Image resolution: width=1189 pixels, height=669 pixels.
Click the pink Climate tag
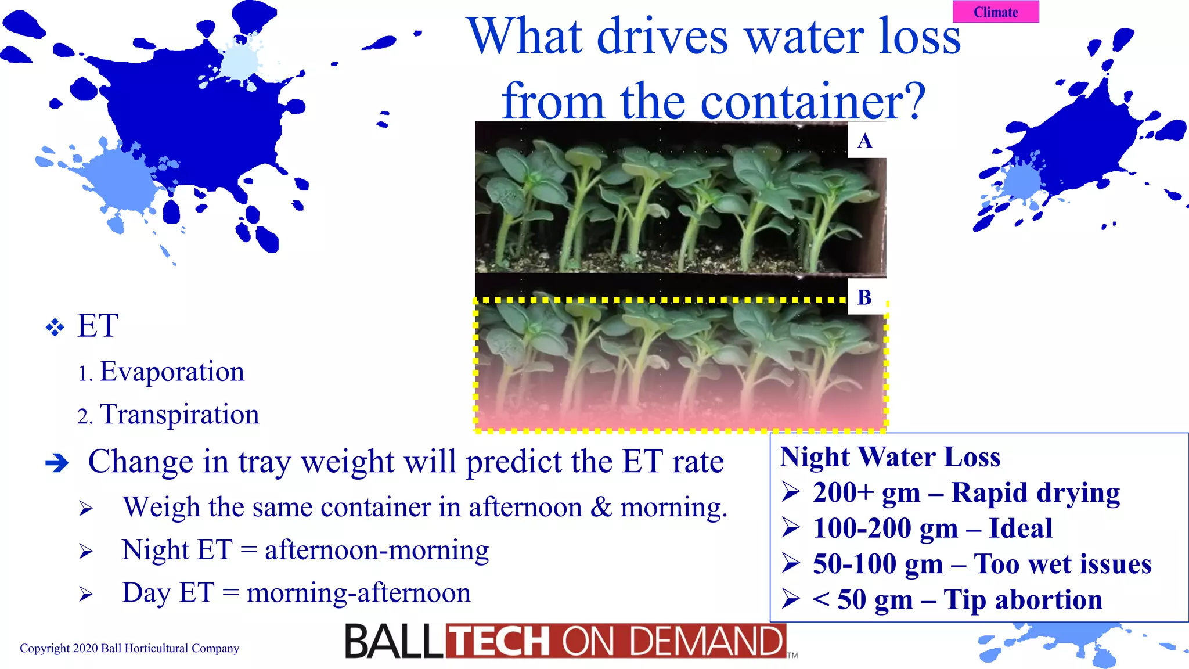click(996, 12)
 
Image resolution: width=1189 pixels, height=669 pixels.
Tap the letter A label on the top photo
click(864, 141)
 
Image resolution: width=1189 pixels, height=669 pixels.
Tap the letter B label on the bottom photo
click(864, 298)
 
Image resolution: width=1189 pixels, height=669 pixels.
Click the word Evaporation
click(172, 372)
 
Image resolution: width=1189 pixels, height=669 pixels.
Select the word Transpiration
click(179, 415)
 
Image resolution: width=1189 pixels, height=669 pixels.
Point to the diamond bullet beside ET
click(55, 328)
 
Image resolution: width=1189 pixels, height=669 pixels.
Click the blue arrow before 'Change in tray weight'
click(57, 463)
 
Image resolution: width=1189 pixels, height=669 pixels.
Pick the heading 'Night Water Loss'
click(890, 456)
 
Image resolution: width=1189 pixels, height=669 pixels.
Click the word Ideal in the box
click(1020, 528)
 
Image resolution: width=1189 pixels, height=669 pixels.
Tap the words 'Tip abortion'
click(1022, 600)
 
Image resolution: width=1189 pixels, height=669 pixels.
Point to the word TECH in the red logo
click(500, 642)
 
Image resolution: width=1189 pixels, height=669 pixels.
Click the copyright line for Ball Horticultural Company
click(129, 648)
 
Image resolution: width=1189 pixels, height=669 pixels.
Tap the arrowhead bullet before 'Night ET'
click(86, 551)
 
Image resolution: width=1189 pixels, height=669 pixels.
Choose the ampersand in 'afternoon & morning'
click(601, 507)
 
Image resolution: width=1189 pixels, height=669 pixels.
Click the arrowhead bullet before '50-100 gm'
click(791, 563)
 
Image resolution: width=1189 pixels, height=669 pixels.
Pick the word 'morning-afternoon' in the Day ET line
click(358, 593)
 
